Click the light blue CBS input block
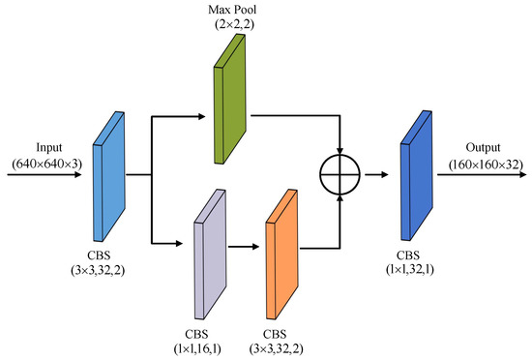point(110,174)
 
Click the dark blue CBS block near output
point(415,174)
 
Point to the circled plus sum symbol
point(339,175)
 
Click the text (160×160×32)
point(480,165)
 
